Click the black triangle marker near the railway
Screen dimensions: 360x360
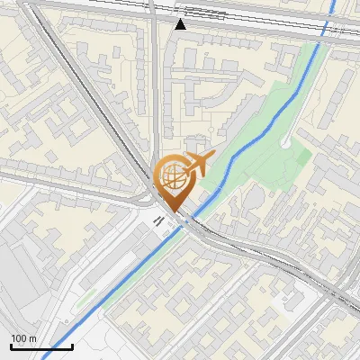pos(181,24)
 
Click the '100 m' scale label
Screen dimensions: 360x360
pos(23,338)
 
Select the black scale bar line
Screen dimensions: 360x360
pos(41,346)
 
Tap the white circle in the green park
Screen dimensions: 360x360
pos(285,142)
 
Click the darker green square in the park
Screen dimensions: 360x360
pos(303,157)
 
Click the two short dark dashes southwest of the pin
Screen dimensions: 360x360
pos(158,220)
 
